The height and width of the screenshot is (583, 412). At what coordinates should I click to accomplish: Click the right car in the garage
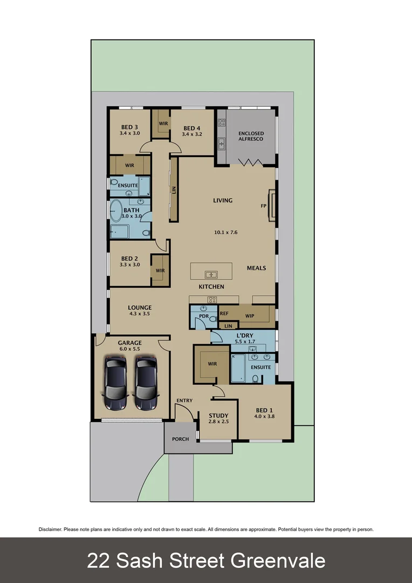[146, 384]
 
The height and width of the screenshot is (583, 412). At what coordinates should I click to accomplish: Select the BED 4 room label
[191, 127]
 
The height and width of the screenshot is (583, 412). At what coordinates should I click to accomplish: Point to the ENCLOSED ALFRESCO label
[251, 136]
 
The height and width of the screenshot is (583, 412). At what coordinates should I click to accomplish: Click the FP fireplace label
[263, 206]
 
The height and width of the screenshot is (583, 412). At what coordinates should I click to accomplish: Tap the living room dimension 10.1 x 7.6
[225, 233]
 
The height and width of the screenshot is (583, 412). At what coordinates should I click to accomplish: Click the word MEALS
[256, 268]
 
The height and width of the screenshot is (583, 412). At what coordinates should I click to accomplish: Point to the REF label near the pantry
[224, 313]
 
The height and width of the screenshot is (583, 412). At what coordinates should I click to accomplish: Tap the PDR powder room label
[204, 316]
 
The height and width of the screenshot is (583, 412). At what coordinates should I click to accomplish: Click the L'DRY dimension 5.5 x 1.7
[245, 342]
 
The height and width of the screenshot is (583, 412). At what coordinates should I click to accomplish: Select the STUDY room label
[218, 415]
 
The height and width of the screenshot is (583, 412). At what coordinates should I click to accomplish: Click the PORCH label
[180, 439]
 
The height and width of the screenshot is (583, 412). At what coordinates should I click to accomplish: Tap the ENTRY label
[184, 400]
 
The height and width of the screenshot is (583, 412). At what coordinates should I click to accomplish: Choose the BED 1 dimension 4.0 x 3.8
[265, 416]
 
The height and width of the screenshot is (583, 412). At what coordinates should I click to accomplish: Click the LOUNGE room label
[140, 308]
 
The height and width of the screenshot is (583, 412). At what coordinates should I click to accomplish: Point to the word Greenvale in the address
[278, 560]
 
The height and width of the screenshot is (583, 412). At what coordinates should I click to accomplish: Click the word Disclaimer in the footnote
[50, 530]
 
